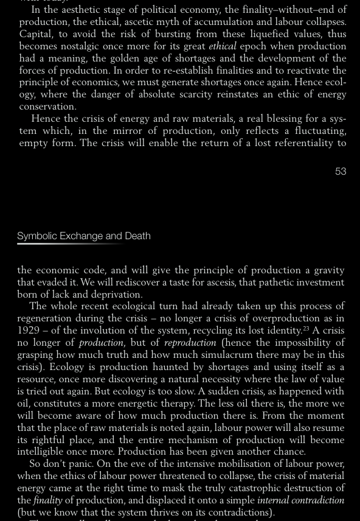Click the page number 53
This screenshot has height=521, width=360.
tap(341, 172)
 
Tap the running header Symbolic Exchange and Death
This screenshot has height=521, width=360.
tap(84, 236)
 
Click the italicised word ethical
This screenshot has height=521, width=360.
tap(222, 46)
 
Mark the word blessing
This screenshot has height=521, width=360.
tap(278, 119)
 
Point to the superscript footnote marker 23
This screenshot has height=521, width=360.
tap(306, 329)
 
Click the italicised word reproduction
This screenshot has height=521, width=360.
tap(190, 343)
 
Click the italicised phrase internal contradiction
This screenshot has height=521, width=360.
tap(301, 500)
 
